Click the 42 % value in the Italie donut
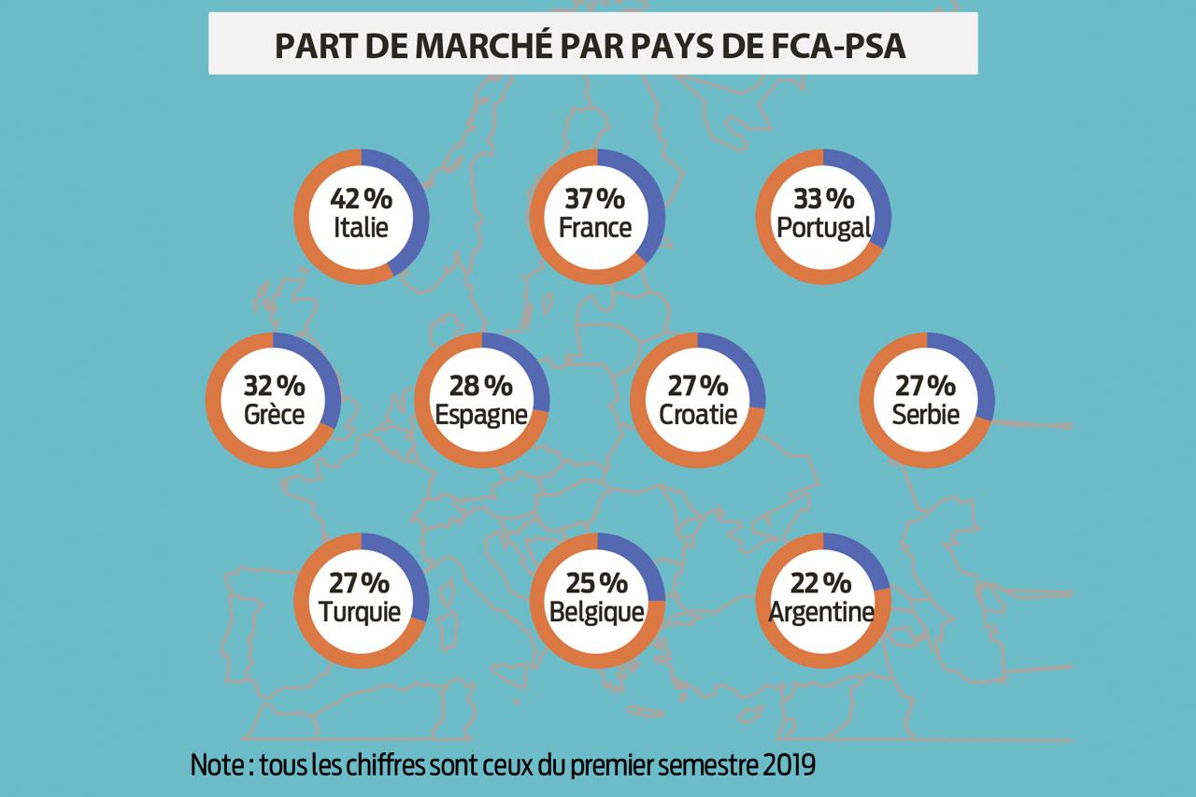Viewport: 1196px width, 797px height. (x=361, y=199)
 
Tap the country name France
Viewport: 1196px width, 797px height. (x=596, y=227)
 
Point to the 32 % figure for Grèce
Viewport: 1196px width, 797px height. (x=274, y=385)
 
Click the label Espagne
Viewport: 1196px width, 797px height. (x=481, y=414)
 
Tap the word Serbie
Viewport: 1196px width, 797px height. (x=925, y=414)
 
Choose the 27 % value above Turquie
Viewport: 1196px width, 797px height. (x=361, y=583)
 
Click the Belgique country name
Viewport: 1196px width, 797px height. (x=596, y=612)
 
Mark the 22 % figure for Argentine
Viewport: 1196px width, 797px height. (x=822, y=583)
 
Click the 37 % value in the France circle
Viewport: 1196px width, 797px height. (x=596, y=199)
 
